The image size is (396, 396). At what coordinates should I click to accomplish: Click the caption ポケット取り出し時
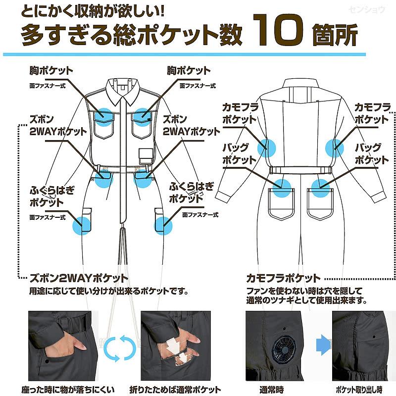click(x=360, y=389)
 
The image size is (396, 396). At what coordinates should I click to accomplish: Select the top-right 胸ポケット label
click(x=189, y=70)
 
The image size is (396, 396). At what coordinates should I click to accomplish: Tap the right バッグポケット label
click(x=372, y=154)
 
